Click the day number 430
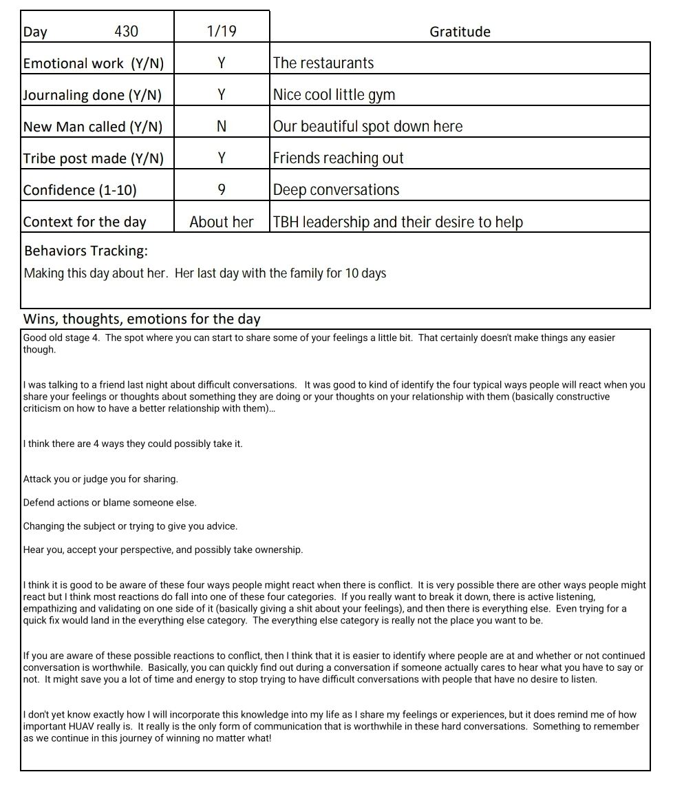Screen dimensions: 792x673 [x=126, y=32]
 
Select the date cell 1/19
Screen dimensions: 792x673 [x=221, y=32]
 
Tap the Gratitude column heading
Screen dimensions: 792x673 [x=460, y=32]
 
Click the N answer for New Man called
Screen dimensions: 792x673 [x=221, y=127]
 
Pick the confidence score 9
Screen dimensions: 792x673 [x=221, y=190]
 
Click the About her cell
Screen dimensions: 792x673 [x=221, y=222]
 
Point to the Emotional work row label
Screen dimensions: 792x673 [x=94, y=63]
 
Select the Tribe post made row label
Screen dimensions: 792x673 [x=94, y=158]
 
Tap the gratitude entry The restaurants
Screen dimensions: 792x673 [x=323, y=63]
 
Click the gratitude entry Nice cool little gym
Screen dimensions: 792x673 [x=334, y=95]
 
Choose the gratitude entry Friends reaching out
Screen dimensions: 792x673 [x=338, y=158]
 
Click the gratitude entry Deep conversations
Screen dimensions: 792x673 [x=336, y=190]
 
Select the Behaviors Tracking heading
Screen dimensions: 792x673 [x=86, y=251]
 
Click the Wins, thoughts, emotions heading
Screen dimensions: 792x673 [x=142, y=319]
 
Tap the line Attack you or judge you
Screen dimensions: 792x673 [x=100, y=479]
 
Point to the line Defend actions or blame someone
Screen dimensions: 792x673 [x=109, y=503]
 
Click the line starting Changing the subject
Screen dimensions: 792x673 [x=130, y=526]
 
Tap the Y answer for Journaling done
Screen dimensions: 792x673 [x=221, y=95]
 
